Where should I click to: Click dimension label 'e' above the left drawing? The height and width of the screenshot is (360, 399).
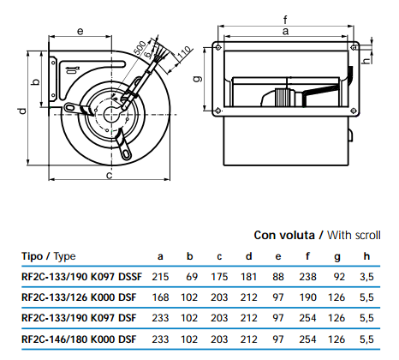[80, 31]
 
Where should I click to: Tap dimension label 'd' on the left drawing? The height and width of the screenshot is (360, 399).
[22, 111]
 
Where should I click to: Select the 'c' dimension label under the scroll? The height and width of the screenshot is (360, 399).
[109, 175]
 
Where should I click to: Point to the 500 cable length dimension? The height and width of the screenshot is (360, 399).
[140, 48]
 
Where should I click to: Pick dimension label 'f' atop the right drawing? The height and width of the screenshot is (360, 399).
[285, 20]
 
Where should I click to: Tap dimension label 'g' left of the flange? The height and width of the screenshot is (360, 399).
[198, 78]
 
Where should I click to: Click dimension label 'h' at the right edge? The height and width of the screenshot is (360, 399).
[366, 60]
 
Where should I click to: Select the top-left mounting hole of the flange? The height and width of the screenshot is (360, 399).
[218, 47]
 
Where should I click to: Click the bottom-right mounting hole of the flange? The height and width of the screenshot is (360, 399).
[353, 111]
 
